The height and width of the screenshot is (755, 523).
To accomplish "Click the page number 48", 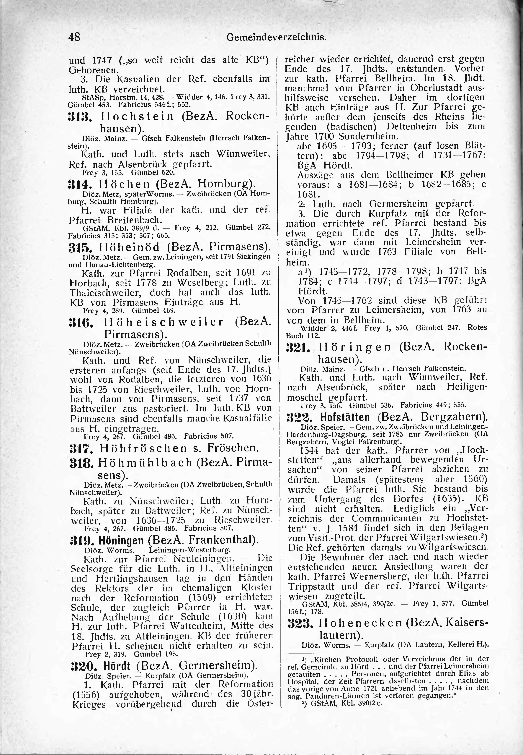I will (74, 37).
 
